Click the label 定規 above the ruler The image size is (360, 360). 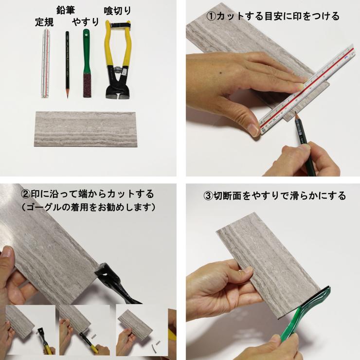tap(44, 22)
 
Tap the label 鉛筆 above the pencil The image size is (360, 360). tap(66, 10)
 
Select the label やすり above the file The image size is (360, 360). tap(86, 22)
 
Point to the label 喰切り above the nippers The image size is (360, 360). tap(117, 11)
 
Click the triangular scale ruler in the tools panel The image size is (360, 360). tap(45, 64)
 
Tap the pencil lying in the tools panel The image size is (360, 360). tap(67, 65)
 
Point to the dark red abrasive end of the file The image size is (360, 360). tap(87, 86)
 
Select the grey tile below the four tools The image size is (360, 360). tap(86, 129)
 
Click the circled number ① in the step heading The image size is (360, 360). tap(211, 17)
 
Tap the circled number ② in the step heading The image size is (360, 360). tap(25, 194)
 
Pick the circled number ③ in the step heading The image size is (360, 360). tap(208, 196)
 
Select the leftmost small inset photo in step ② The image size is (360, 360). tap(30, 330)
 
